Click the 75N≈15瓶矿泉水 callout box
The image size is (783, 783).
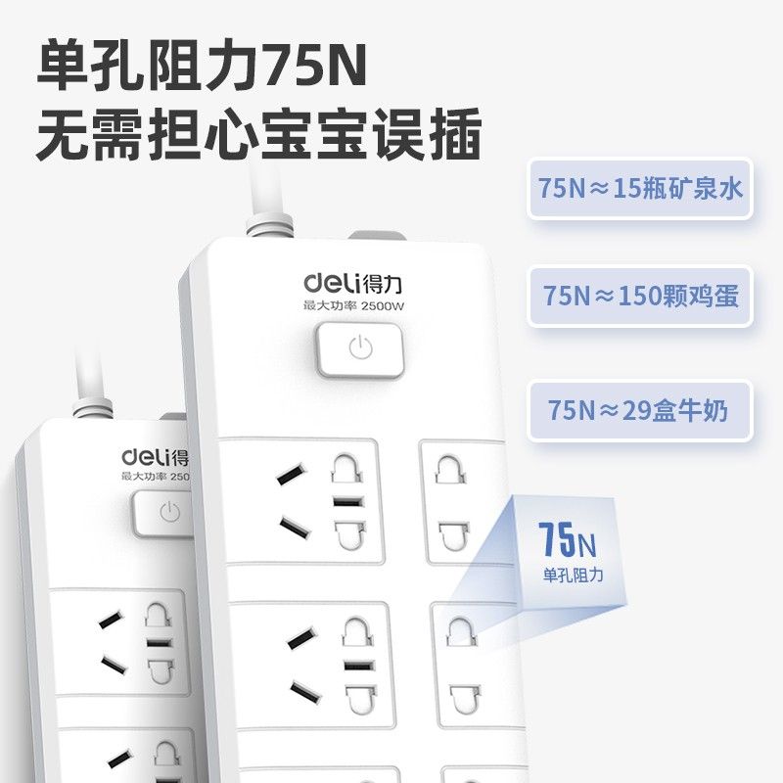click(x=639, y=188)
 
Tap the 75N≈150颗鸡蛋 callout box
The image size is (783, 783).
click(x=640, y=297)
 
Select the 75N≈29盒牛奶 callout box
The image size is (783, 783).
click(x=640, y=410)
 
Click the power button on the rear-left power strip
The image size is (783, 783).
click(x=163, y=513)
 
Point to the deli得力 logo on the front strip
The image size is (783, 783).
click(x=352, y=283)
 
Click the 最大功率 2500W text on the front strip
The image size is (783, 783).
click(x=353, y=305)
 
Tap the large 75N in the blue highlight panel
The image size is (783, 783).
click(x=568, y=539)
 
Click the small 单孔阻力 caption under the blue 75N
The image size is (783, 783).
click(x=574, y=575)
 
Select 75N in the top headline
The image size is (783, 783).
click(x=314, y=66)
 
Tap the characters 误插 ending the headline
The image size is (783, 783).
click(x=428, y=134)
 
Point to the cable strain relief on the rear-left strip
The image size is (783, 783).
click(x=93, y=407)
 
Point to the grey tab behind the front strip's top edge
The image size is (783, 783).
click(x=377, y=236)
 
